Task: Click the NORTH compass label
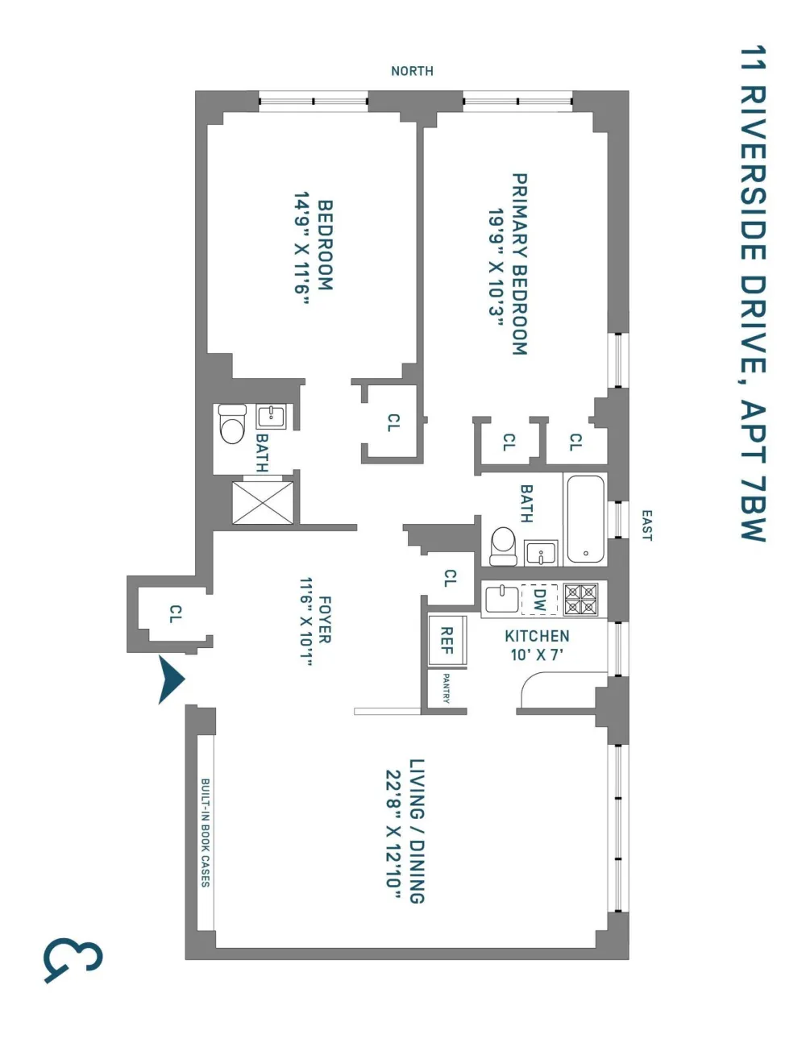pyautogui.click(x=412, y=71)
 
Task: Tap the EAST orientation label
pyautogui.click(x=646, y=525)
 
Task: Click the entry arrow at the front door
pyautogui.click(x=171, y=680)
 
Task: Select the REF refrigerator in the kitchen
pyautogui.click(x=447, y=640)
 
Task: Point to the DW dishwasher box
pyautogui.click(x=539, y=600)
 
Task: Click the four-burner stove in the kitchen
pyautogui.click(x=580, y=600)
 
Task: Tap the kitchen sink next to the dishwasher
pyautogui.click(x=502, y=599)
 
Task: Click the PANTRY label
pyautogui.click(x=446, y=688)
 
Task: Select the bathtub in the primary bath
pyautogui.click(x=585, y=520)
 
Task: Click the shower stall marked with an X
pyautogui.click(x=263, y=502)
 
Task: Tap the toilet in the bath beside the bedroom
pyautogui.click(x=232, y=424)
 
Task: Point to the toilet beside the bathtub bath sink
pyautogui.click(x=503, y=546)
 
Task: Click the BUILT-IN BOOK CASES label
pyautogui.click(x=205, y=833)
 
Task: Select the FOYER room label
pyautogui.click(x=325, y=620)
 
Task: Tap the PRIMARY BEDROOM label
pyautogui.click(x=520, y=264)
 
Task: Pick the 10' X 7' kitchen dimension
pyautogui.click(x=536, y=654)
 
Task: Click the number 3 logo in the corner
pyautogui.click(x=73, y=961)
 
